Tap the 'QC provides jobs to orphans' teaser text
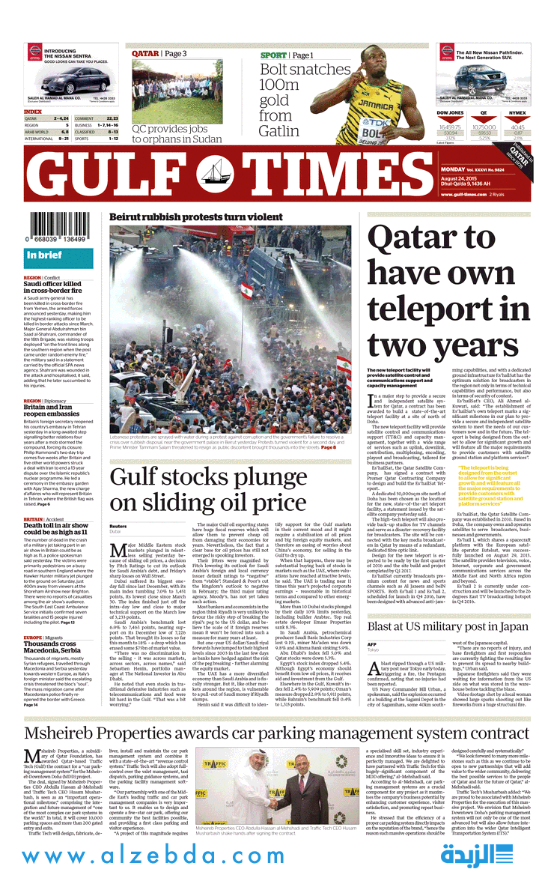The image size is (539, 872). coord(177,133)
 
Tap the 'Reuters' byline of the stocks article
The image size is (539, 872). coord(118,526)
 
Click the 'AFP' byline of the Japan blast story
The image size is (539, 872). coord(372,644)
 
